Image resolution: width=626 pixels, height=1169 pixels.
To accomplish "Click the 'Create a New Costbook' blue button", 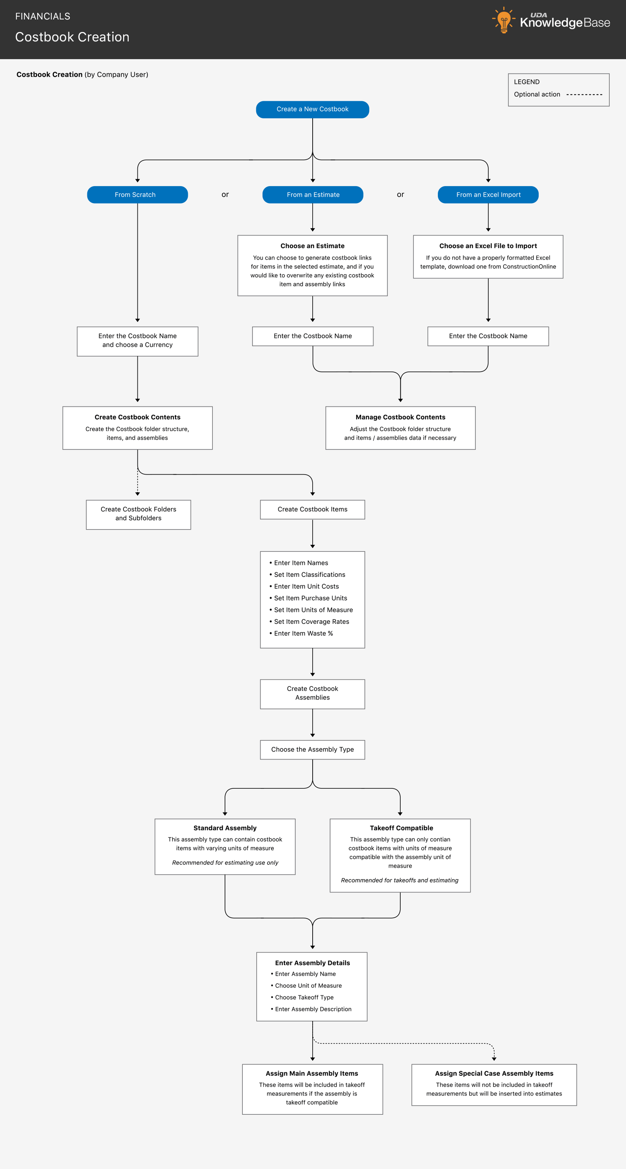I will (312, 109).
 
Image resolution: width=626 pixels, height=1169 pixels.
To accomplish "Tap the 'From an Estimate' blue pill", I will (313, 195).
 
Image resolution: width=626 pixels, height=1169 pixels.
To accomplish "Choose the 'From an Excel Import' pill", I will (488, 195).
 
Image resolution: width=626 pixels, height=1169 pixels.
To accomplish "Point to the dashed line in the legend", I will (584, 94).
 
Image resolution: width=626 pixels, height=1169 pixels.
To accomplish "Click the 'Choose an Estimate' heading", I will (312, 246).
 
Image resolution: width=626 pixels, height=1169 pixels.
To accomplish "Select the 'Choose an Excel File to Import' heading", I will (488, 246).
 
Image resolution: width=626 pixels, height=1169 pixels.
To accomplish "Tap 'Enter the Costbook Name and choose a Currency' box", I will (138, 341).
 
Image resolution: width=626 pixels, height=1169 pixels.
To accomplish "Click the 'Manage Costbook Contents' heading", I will (400, 417).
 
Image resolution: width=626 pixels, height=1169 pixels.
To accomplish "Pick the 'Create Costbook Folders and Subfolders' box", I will (138, 514).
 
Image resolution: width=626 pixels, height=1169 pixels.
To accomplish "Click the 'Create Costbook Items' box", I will (312, 509).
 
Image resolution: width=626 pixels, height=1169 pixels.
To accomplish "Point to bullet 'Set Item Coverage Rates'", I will (311, 622).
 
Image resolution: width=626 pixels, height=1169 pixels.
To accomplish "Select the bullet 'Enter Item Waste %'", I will (303, 634).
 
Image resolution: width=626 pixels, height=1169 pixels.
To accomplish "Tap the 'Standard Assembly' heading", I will (225, 828).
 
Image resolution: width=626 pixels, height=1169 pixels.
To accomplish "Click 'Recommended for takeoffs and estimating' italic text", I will (399, 880).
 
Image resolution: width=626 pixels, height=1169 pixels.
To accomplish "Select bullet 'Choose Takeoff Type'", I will (304, 997).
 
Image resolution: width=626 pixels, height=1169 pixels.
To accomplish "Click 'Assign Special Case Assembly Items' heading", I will (494, 1073).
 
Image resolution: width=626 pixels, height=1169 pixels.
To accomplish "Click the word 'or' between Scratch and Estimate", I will (225, 195).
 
